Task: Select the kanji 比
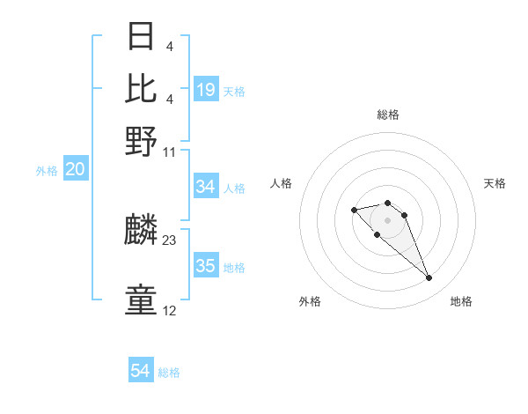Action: (x=141, y=88)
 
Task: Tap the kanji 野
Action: (x=141, y=141)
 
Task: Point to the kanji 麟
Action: (x=141, y=232)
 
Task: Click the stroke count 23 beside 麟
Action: (x=170, y=239)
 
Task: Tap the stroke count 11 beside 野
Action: (x=170, y=151)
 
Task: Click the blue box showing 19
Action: (x=206, y=89)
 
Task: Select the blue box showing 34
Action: (x=206, y=187)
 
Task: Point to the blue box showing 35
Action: (x=206, y=266)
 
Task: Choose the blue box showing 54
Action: (x=141, y=371)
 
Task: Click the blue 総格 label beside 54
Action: (x=169, y=373)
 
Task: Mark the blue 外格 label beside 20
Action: (x=46, y=171)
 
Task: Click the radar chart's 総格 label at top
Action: (x=387, y=115)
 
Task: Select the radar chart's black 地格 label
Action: (x=461, y=301)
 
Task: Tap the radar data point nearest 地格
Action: (x=429, y=278)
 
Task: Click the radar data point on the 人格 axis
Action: (x=354, y=210)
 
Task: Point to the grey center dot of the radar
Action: (x=387, y=220)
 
